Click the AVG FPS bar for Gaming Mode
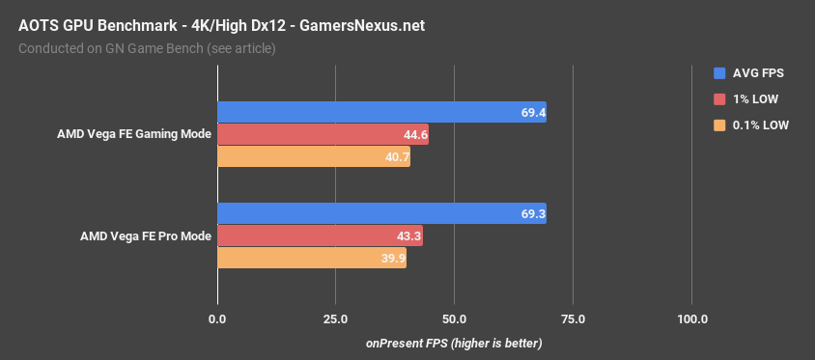381,113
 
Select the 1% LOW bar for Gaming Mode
323,135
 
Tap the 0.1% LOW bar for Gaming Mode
314,156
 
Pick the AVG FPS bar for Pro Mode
381,213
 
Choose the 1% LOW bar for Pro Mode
320,235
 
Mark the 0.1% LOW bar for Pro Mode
312,258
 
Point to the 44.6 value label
412,135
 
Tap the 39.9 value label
390,258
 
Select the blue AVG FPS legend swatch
718,72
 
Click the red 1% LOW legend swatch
718,98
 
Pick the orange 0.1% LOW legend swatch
718,125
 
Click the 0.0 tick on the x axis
217,318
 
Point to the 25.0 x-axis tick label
335,318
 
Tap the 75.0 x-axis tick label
573,318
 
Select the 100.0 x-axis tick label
691,318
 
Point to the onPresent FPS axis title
454,344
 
